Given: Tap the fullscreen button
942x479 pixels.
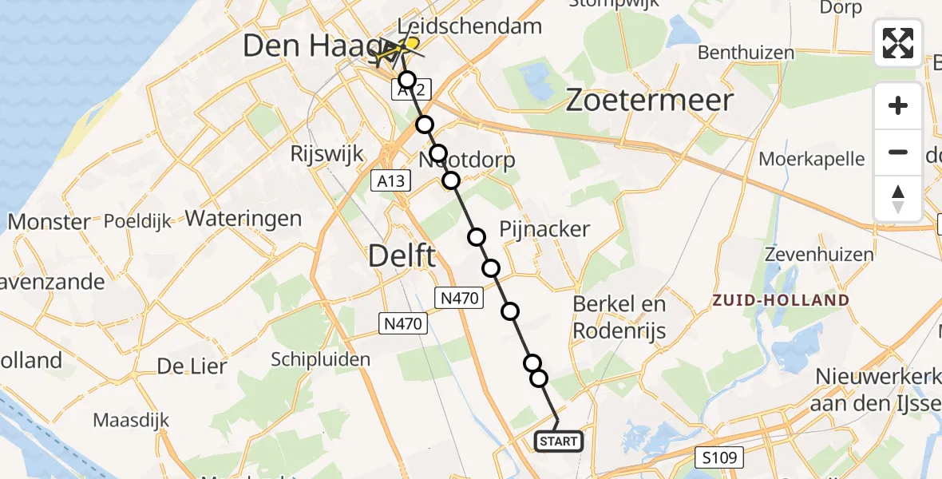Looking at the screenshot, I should point(898,43).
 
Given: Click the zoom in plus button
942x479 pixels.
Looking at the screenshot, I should point(898,105).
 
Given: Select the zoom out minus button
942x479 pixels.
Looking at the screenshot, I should point(898,152).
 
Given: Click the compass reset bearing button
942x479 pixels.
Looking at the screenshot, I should point(898,198).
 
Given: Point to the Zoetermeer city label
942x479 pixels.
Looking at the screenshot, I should point(649,101).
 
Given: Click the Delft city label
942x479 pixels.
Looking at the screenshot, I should point(402,257).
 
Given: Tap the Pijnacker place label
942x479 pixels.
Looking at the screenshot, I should point(544,230).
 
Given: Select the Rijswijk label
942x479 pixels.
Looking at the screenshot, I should point(328,153).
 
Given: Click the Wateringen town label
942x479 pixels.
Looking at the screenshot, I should point(243,219).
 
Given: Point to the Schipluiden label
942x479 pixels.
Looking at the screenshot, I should point(320,359).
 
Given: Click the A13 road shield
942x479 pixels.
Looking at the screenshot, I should point(391,182).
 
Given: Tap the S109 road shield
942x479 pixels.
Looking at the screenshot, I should point(722,457).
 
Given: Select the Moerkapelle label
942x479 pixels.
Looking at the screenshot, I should point(811,159).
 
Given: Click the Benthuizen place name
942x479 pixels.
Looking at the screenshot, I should point(746,53).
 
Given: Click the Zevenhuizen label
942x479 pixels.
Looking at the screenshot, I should point(819,255).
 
